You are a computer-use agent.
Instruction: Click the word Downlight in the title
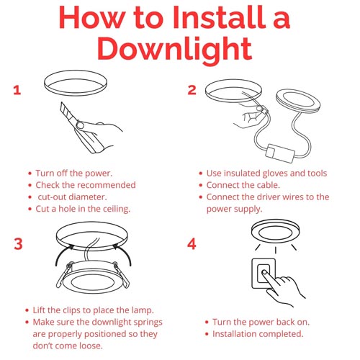174,49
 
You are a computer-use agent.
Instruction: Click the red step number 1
17,90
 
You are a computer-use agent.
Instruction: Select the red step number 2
192,90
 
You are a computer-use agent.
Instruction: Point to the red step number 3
18,244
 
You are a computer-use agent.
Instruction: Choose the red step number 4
192,244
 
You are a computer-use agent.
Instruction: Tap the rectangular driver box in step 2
280,153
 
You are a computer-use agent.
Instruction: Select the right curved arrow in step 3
125,252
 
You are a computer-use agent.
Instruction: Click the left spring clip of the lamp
63,275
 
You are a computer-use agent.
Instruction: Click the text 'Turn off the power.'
74,174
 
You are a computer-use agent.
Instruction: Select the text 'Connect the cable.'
243,185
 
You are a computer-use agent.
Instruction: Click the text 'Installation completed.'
258,334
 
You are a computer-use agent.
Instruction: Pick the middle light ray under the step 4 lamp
276,250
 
